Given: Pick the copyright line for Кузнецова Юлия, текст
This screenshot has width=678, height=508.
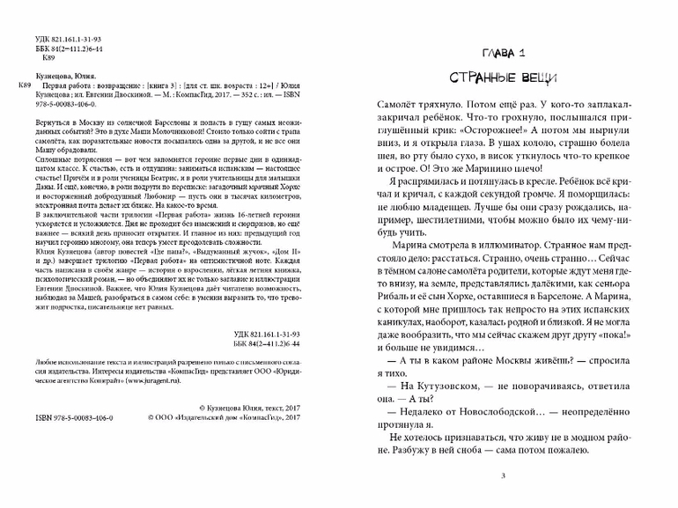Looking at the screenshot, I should [251, 408].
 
